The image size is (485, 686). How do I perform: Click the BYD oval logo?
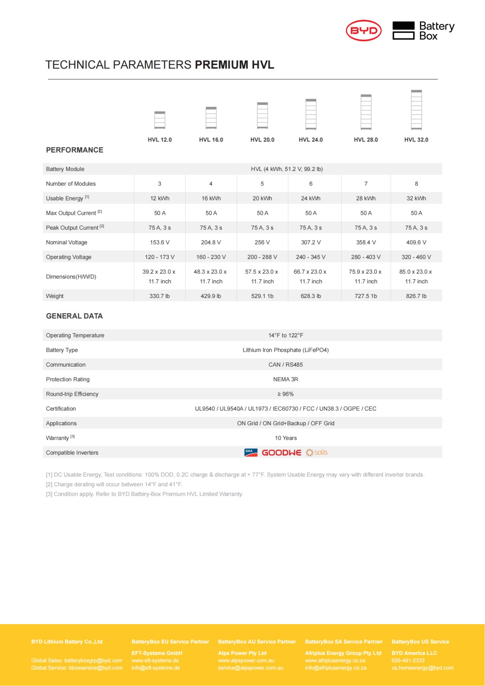click(x=363, y=31)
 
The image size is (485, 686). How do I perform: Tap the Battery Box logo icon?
click(x=403, y=31)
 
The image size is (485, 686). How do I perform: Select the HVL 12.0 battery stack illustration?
click(x=160, y=120)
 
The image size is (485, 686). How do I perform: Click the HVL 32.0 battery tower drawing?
click(x=416, y=110)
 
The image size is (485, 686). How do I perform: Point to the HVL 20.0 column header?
click(x=262, y=140)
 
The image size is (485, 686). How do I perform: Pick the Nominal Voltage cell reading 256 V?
click(x=262, y=243)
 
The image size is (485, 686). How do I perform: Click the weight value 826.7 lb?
click(x=416, y=296)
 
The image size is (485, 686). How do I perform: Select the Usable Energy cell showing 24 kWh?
click(x=311, y=198)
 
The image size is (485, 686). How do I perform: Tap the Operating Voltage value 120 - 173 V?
click(x=160, y=257)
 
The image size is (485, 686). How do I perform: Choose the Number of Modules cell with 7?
click(x=366, y=184)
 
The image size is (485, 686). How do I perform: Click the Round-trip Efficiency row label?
click(x=72, y=394)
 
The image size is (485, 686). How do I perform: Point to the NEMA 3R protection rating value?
click(x=286, y=380)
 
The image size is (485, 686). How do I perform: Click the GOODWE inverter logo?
click(x=281, y=453)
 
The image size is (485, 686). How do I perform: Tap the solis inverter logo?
click(x=317, y=452)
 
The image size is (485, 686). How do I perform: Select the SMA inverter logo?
click(x=251, y=453)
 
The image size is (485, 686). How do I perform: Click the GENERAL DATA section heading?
click(x=74, y=316)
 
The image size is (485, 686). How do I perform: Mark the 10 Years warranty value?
click(x=286, y=438)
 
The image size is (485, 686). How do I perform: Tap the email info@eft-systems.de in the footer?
click(x=156, y=668)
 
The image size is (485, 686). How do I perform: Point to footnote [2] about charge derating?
click(x=114, y=484)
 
